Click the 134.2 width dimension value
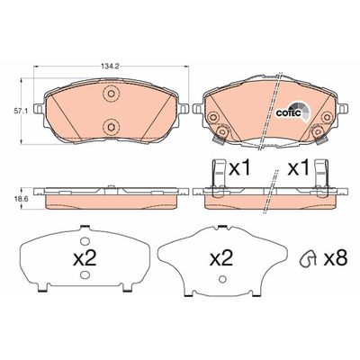(111, 67)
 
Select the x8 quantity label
(336, 258)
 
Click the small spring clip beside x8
(308, 258)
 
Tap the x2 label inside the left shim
(85, 258)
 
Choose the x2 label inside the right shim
(221, 258)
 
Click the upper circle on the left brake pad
(111, 94)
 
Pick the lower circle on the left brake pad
(111, 126)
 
